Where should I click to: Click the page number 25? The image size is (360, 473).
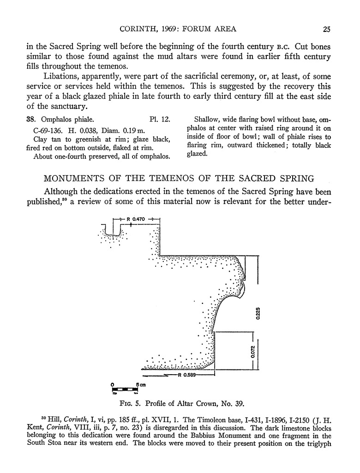(326, 29)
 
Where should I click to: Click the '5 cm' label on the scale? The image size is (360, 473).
(141, 384)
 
